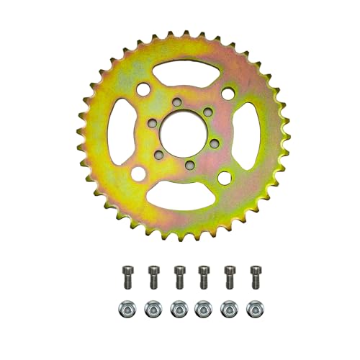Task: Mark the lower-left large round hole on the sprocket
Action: [135, 175]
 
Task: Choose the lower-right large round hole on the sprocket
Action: [223, 177]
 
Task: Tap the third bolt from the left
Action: [179, 275]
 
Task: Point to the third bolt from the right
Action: [204, 275]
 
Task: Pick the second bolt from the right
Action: [229, 275]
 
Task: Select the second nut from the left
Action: [152, 308]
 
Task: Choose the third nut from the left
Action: [178, 308]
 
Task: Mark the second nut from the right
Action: [229, 308]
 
